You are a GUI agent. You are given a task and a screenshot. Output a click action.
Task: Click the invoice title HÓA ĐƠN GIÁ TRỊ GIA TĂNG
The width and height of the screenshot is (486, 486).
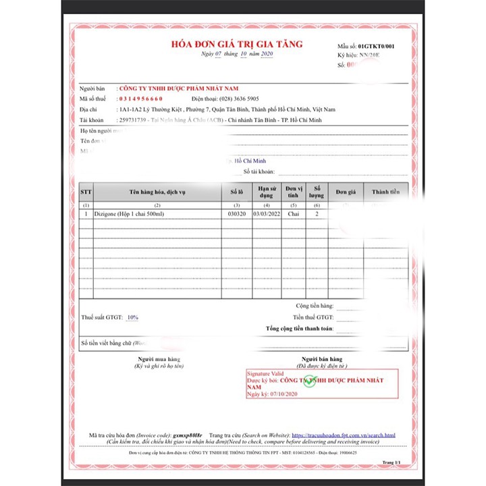(x=236, y=45)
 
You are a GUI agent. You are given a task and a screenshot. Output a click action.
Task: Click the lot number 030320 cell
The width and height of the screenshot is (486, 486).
(x=236, y=214)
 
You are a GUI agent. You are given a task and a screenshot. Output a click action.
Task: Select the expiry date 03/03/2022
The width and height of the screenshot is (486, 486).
(x=267, y=214)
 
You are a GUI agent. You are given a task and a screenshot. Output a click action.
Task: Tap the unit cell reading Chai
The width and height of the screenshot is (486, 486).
(x=294, y=214)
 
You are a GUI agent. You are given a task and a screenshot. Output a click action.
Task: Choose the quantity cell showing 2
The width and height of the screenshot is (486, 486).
(x=317, y=214)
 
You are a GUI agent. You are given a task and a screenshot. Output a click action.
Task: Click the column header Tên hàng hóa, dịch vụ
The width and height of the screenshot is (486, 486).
(x=157, y=192)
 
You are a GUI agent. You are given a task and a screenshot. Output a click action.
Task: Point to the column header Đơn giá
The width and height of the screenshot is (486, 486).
(x=346, y=192)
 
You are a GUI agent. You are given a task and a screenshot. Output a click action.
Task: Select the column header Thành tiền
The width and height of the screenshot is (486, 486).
(x=385, y=192)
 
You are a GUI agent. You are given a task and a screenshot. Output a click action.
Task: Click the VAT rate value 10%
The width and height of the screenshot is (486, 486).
(x=132, y=317)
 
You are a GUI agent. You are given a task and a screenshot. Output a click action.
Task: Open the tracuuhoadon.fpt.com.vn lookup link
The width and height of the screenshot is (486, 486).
(x=343, y=436)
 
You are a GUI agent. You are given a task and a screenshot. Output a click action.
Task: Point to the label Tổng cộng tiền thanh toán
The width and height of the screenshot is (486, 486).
(x=299, y=329)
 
